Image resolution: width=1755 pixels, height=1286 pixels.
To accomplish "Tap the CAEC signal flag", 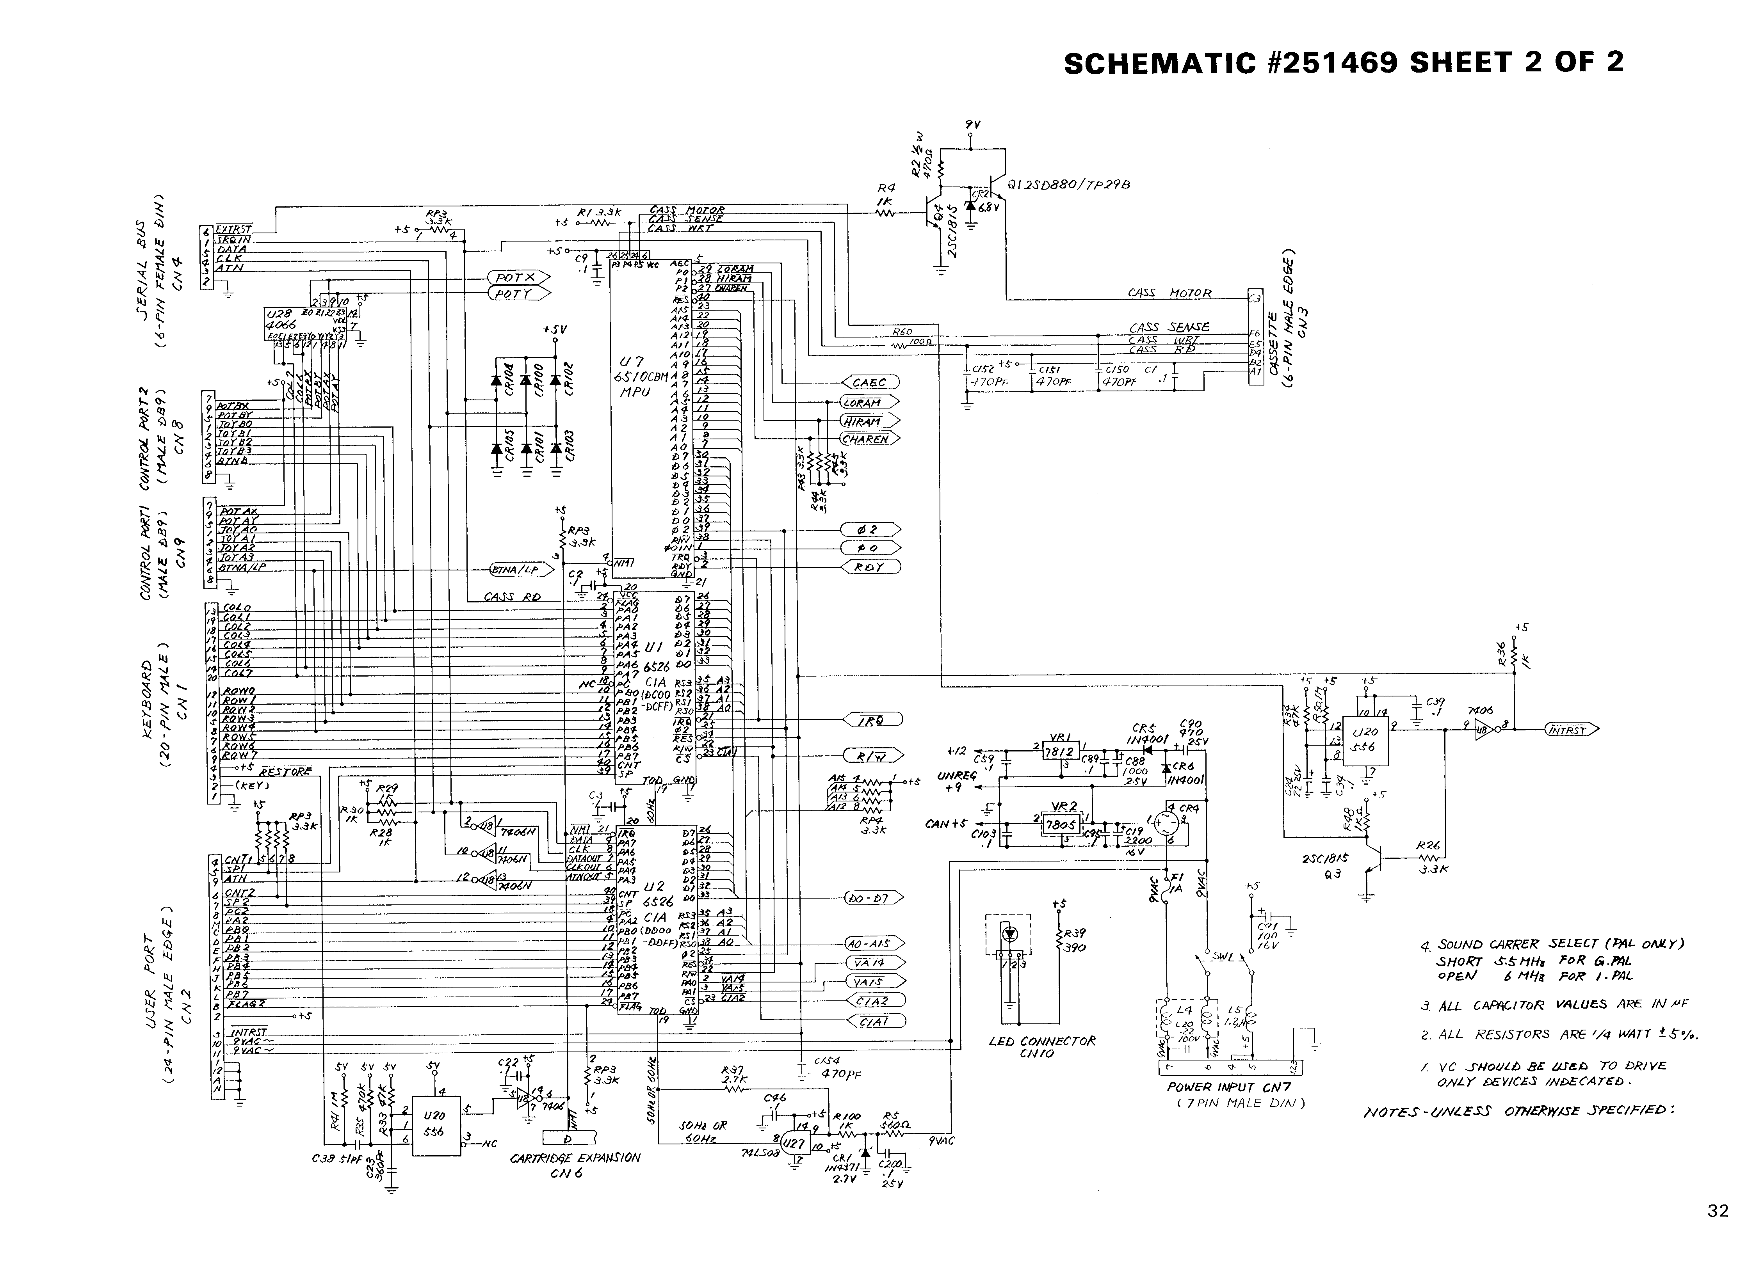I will (x=870, y=382).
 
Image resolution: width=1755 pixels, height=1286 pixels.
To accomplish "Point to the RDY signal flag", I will (x=870, y=567).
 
